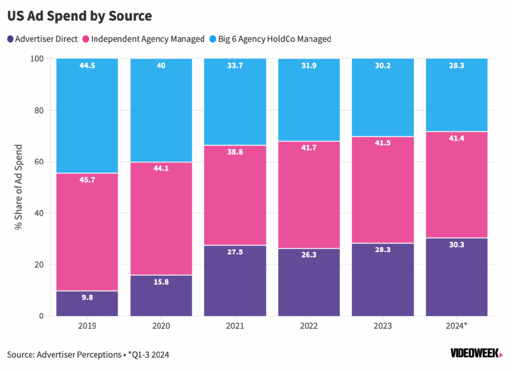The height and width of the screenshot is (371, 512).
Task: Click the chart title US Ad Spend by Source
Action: coord(79,16)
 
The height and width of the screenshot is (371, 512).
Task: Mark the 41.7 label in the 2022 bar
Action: coord(309,148)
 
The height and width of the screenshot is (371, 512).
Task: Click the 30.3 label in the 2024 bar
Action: coord(457,245)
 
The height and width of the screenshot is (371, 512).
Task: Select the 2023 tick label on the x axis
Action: coord(383,325)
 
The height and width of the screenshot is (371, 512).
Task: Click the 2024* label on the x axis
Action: coord(457,325)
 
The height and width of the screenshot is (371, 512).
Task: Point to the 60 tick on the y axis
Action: coord(39,162)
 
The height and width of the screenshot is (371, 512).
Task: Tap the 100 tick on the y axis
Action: coord(37,59)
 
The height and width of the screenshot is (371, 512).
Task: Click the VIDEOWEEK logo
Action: coord(477,353)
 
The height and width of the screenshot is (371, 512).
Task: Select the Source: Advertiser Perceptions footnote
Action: coord(88,354)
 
